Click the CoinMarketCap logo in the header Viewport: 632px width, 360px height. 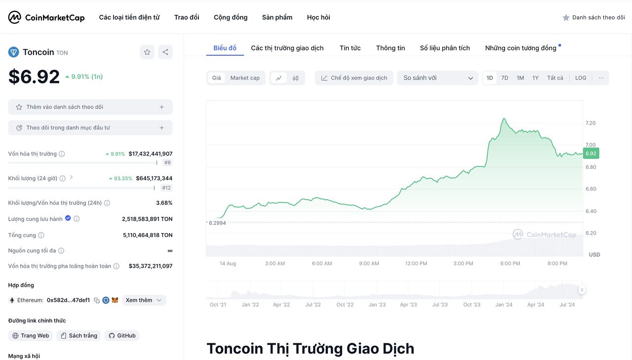(x=46, y=17)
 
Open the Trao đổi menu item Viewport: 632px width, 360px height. (x=187, y=17)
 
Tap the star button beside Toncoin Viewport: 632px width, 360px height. (x=147, y=52)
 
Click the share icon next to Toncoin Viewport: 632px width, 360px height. (x=165, y=52)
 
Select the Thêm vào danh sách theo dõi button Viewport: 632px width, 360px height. (x=90, y=107)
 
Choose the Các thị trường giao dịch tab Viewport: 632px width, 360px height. (x=287, y=48)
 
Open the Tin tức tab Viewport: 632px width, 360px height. (x=350, y=48)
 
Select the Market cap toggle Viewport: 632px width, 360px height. (x=245, y=78)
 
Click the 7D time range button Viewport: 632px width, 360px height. (x=505, y=78)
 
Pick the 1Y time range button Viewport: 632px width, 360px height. (x=535, y=78)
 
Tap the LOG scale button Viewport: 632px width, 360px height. (x=581, y=78)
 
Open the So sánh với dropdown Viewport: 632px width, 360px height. (x=437, y=78)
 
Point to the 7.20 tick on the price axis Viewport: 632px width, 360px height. (x=591, y=123)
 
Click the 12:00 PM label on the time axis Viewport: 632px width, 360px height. (x=416, y=263)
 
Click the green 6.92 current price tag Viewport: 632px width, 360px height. (x=591, y=154)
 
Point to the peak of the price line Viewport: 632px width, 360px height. (x=504, y=119)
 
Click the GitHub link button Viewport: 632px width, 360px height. (x=122, y=336)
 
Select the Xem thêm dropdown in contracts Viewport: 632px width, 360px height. (x=144, y=300)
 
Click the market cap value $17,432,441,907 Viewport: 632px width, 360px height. (x=151, y=154)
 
